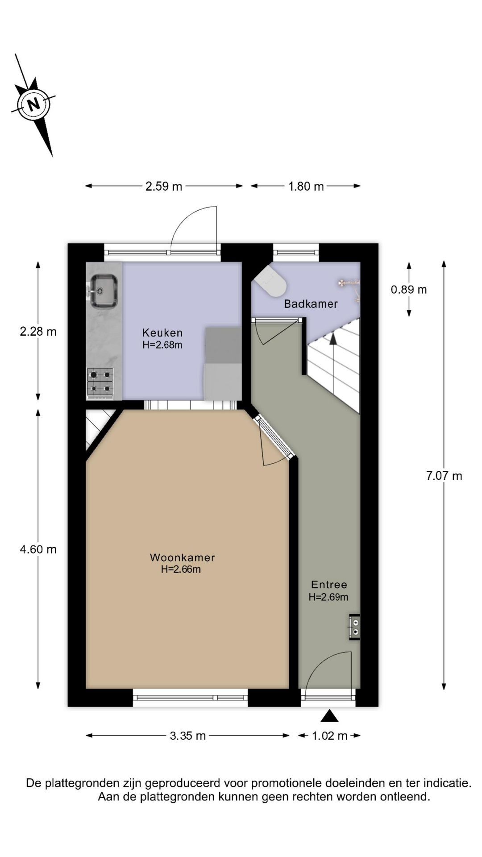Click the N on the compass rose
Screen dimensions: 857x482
tap(33, 104)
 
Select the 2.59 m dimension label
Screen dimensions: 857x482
tap(164, 186)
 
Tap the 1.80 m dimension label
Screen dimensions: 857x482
tap(306, 186)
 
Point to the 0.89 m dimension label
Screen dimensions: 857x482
tap(408, 290)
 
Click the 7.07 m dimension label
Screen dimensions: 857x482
tap(444, 476)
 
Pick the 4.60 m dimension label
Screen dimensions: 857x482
tap(38, 549)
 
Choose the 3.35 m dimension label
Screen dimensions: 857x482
tap(187, 736)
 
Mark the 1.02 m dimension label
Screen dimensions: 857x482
tap(329, 736)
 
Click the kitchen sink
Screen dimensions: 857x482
tap(104, 291)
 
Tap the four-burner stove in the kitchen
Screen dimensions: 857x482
tap(100, 383)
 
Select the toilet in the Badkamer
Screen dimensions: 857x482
tap(271, 281)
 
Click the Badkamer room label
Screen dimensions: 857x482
tap(311, 304)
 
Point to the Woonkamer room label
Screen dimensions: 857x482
tap(182, 557)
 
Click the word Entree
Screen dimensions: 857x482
tap(328, 584)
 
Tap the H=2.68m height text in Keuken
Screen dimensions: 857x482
tap(162, 345)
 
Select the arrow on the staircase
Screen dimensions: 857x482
tap(333, 338)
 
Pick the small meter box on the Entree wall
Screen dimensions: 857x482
tap(355, 627)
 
